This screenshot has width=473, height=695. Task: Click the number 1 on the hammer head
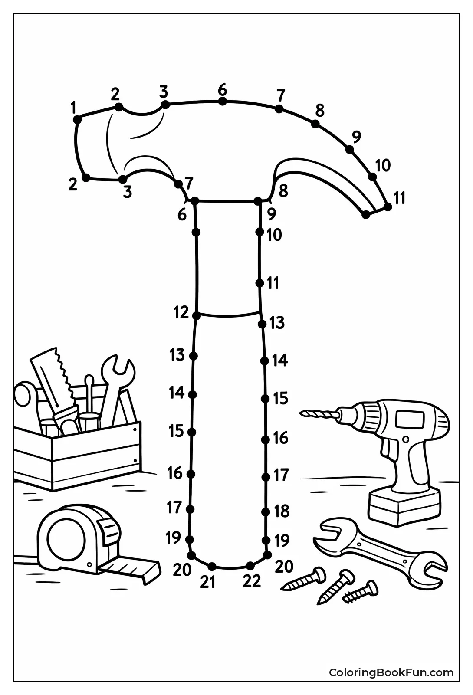(x=74, y=107)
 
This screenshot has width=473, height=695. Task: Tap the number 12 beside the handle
(x=181, y=312)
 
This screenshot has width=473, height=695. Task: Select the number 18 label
(x=282, y=511)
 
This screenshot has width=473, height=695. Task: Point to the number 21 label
(x=208, y=582)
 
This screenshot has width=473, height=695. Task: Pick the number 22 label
(x=252, y=580)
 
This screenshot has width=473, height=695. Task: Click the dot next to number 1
(x=77, y=119)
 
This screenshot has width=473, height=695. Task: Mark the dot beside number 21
(x=212, y=566)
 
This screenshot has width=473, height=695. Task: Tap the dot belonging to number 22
(x=250, y=565)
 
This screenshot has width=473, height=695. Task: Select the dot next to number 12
(x=197, y=316)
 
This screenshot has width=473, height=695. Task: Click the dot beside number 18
(x=266, y=512)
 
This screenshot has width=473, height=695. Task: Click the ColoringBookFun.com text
(x=391, y=673)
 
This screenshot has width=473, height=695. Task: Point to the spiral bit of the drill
(x=319, y=414)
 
